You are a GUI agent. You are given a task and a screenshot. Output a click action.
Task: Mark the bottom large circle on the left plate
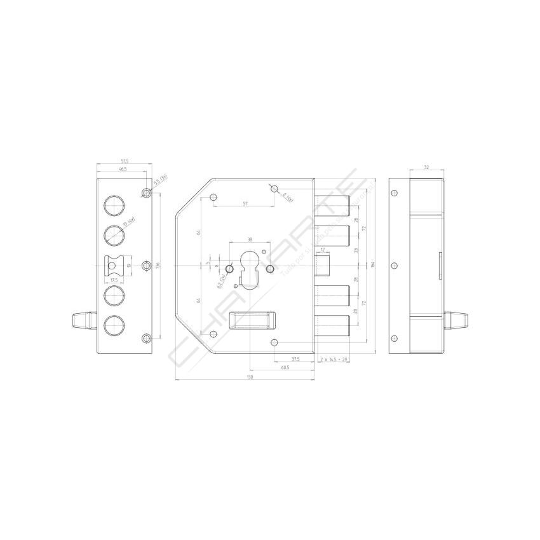[x=113, y=325]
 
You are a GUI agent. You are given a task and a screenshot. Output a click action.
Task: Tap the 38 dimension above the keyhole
[x=249, y=240]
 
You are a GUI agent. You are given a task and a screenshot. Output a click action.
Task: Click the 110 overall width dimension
[x=250, y=377]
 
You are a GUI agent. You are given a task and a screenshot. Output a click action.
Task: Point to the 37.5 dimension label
[x=295, y=358]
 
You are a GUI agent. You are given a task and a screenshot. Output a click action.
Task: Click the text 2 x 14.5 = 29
[x=334, y=359]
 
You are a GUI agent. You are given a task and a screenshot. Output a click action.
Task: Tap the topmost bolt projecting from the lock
[x=332, y=203]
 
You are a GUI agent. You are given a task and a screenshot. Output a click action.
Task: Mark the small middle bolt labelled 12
[x=323, y=264]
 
